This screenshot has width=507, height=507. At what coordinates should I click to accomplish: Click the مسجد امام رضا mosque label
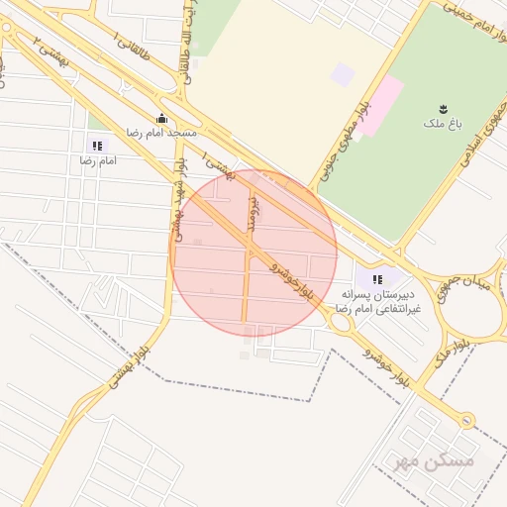point(160,132)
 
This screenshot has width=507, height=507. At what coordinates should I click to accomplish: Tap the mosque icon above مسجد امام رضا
point(161,119)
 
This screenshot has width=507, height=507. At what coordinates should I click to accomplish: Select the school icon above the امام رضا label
point(96,146)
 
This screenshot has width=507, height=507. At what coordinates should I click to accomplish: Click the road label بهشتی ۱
point(220,167)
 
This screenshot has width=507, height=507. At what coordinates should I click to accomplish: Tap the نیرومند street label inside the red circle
point(253,213)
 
